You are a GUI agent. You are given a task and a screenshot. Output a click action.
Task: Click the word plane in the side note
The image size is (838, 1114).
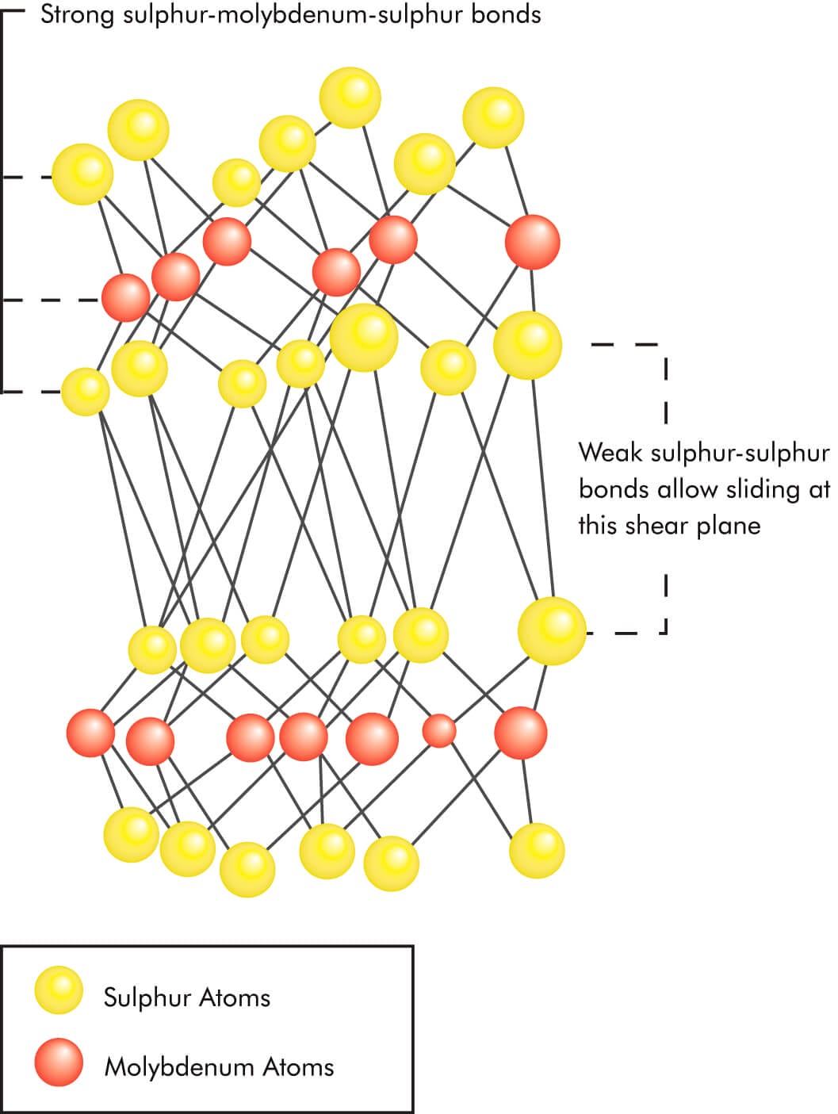coord(729,526)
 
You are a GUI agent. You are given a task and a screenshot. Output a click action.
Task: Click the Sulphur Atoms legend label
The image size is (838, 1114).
coord(187,997)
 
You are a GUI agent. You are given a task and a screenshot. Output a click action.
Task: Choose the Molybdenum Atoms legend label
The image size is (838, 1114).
coord(219,1067)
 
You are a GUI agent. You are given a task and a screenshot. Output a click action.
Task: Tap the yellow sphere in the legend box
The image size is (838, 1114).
coord(59,990)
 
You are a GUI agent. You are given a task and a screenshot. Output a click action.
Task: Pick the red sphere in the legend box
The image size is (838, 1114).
coord(59,1062)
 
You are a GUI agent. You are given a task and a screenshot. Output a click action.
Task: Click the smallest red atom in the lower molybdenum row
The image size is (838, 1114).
coord(438,730)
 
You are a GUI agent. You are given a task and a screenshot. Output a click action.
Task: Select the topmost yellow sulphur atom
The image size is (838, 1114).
coord(350,98)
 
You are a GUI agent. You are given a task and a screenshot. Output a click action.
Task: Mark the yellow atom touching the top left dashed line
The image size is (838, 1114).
coord(82,174)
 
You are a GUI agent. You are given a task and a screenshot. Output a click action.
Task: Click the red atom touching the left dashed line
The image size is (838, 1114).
coord(126,297)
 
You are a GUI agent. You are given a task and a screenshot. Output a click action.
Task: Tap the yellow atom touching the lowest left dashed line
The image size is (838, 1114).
coord(85,391)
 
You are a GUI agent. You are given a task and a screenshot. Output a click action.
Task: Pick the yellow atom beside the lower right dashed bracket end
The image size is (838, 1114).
coord(552,631)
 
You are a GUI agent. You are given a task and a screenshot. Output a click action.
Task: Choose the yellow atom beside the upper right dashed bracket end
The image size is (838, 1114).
coord(527,345)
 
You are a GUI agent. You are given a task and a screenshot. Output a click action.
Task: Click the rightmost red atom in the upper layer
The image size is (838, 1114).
coord(532,242)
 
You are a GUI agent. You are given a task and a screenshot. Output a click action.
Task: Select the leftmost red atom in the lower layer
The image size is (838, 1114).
coord(90,733)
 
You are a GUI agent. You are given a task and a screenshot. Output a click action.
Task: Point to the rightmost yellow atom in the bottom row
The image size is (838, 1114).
coord(537,850)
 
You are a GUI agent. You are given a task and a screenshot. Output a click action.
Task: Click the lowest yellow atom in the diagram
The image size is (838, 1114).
coord(247,869)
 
